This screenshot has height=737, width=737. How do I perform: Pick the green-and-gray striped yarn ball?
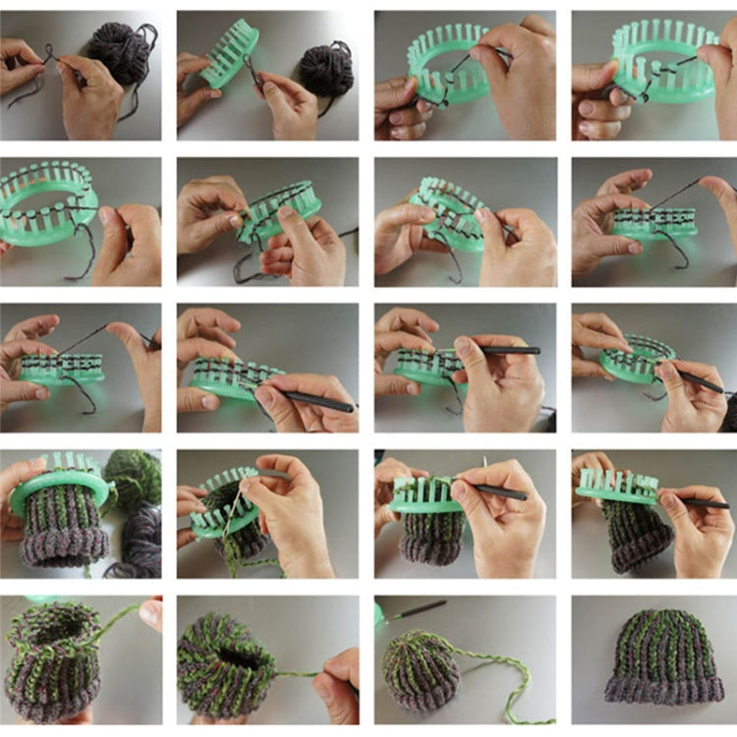point(134,477)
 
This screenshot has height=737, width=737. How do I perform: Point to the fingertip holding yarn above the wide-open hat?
point(150,611)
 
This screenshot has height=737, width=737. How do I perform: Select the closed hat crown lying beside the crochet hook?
point(418,668)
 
